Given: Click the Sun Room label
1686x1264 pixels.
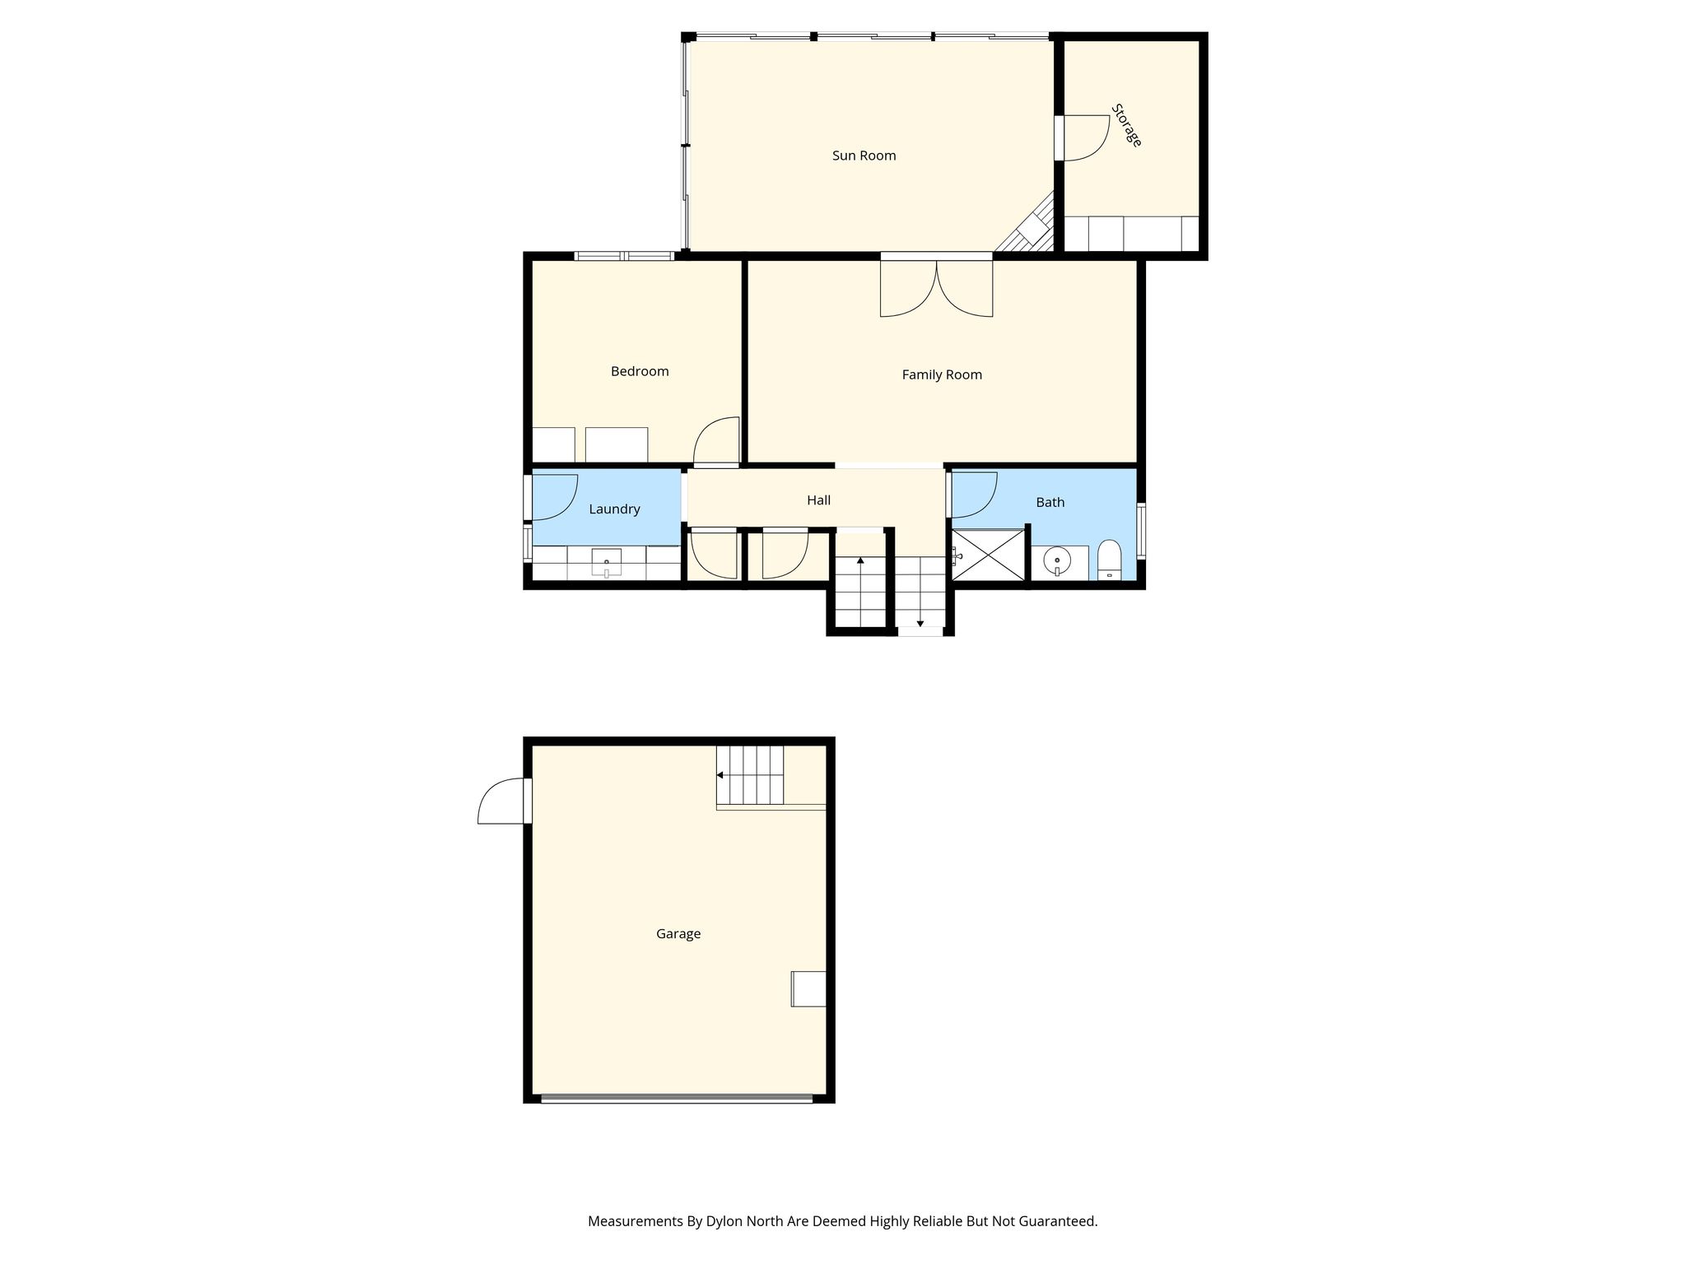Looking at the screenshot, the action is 864,156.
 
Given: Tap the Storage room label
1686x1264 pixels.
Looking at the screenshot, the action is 1126,125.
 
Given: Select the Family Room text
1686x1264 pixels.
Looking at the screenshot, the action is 942,374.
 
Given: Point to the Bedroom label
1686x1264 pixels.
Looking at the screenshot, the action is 640,371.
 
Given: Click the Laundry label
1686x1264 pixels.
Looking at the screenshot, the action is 614,509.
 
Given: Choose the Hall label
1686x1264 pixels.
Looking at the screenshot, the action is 818,500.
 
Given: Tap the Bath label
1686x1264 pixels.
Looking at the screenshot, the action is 1050,502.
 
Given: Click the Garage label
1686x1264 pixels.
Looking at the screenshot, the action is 678,933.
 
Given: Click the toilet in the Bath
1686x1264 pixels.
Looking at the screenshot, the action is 1109,560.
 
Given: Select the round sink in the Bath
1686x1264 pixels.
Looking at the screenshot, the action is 1056,562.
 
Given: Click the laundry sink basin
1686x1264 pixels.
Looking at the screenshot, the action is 607,562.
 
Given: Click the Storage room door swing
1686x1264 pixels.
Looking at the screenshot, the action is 1083,137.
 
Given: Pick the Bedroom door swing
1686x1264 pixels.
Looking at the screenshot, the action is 716,442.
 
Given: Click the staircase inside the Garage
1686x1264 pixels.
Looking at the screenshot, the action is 750,775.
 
